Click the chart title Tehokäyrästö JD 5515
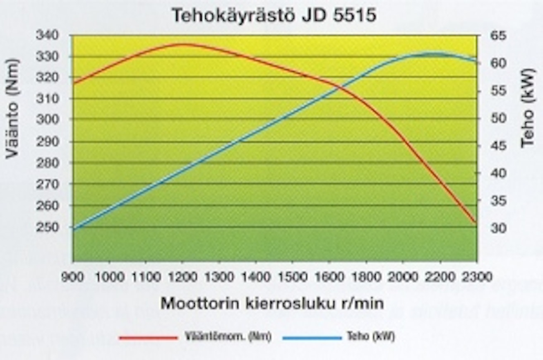(x=274, y=16)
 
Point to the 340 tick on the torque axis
(x=49, y=35)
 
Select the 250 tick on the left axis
(x=49, y=227)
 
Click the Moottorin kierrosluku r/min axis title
(x=272, y=304)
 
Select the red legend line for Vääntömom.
(x=148, y=338)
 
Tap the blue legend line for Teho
(x=312, y=338)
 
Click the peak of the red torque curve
(x=182, y=44)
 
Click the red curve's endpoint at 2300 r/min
(x=476, y=223)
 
